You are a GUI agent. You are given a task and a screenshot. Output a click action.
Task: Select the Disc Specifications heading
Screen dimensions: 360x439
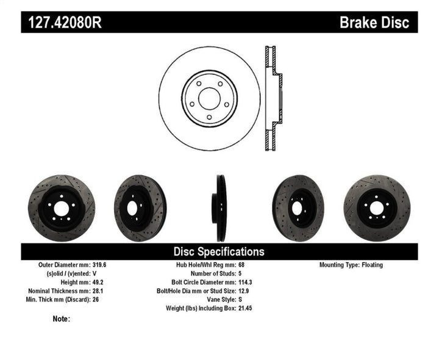click(x=219, y=251)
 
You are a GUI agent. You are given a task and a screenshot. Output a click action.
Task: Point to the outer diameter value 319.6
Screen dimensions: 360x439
click(x=100, y=265)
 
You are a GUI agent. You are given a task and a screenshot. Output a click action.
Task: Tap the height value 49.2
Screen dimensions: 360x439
click(x=98, y=283)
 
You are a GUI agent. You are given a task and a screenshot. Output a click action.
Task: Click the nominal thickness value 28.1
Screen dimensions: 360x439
click(x=98, y=291)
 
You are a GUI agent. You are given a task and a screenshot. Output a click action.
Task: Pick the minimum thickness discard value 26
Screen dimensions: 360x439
click(x=95, y=300)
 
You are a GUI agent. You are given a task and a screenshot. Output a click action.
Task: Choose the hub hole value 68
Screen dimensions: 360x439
click(x=241, y=265)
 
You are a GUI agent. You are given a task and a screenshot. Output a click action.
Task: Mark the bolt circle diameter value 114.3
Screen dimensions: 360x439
click(x=245, y=283)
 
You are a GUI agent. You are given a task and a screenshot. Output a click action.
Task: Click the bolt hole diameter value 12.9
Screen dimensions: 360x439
click(x=243, y=291)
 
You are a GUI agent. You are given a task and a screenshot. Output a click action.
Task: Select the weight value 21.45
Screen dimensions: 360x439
click(x=245, y=309)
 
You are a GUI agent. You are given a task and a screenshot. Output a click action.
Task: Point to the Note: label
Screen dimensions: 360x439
click(x=61, y=319)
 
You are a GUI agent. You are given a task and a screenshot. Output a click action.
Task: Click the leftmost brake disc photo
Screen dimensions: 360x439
click(x=62, y=208)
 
